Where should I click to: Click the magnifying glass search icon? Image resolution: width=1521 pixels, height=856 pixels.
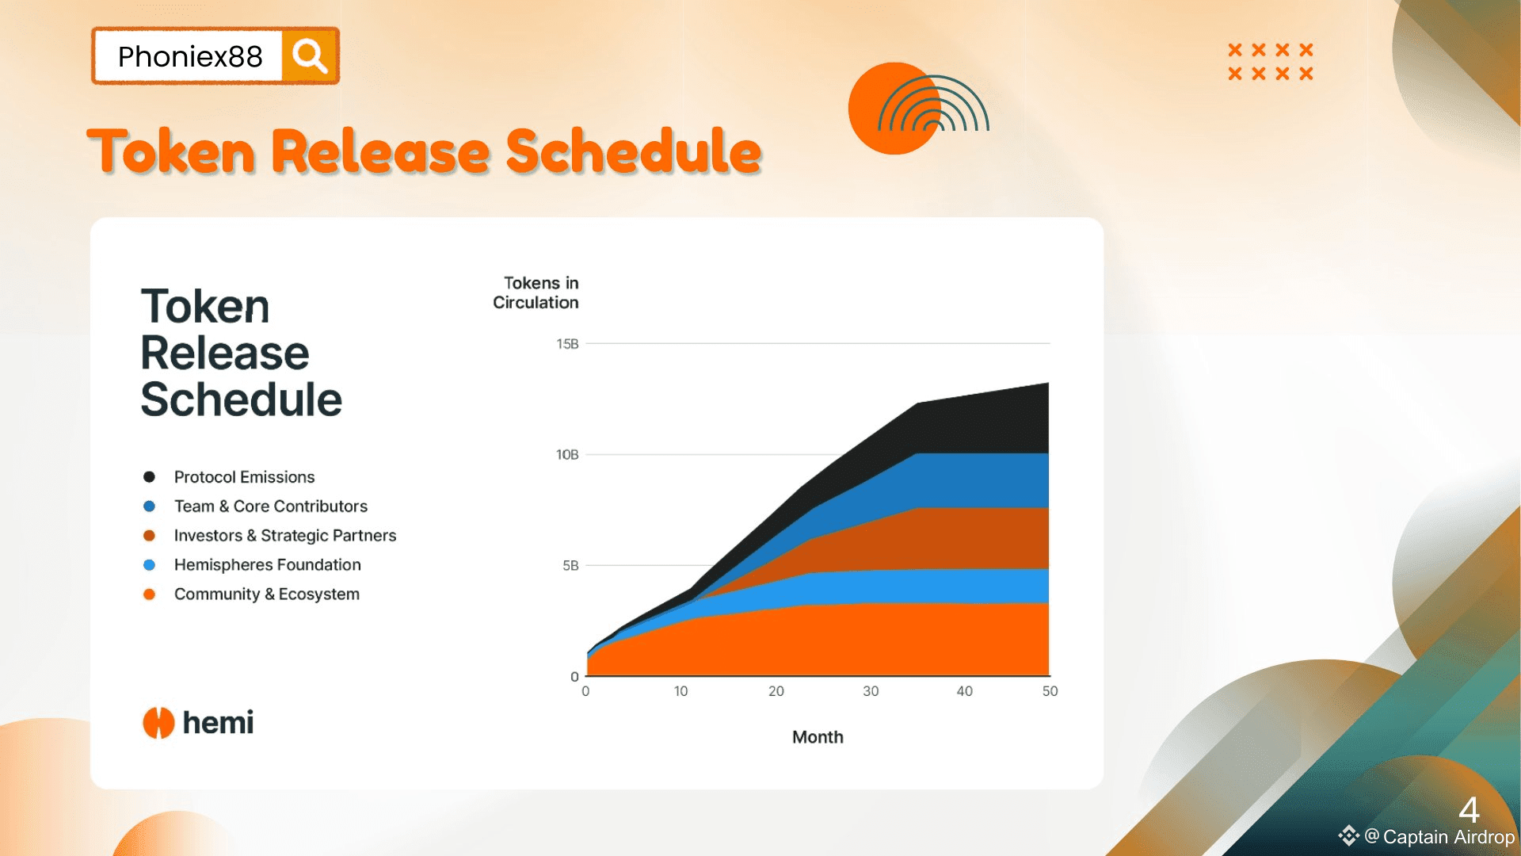309,56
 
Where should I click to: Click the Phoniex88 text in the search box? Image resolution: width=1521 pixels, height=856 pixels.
190,56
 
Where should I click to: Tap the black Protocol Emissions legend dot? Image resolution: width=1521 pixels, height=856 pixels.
149,476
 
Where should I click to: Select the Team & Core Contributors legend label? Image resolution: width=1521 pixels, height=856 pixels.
271,506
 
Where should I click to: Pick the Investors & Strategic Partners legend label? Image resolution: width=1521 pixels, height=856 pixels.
285,535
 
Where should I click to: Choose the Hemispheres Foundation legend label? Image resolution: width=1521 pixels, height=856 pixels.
268,564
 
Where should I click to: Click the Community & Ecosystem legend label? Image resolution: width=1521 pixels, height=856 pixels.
267,594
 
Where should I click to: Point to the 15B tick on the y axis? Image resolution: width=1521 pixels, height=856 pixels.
567,343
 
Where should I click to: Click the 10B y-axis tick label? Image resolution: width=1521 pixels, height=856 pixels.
567,454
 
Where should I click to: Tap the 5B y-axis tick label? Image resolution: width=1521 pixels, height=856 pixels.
570,565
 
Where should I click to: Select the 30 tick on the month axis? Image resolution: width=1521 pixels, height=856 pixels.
871,691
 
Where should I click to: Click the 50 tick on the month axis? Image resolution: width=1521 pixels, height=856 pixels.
1050,691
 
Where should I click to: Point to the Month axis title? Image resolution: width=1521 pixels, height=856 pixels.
818,737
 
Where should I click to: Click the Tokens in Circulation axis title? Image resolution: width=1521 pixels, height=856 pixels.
536,292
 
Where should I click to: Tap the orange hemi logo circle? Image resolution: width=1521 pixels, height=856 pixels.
158,722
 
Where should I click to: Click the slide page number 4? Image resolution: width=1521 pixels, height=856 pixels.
1469,810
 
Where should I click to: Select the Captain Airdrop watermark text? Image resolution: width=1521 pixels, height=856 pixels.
1448,837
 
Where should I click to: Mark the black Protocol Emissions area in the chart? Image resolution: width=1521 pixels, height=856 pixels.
982,420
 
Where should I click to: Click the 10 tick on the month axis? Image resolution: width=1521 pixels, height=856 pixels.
680,691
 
